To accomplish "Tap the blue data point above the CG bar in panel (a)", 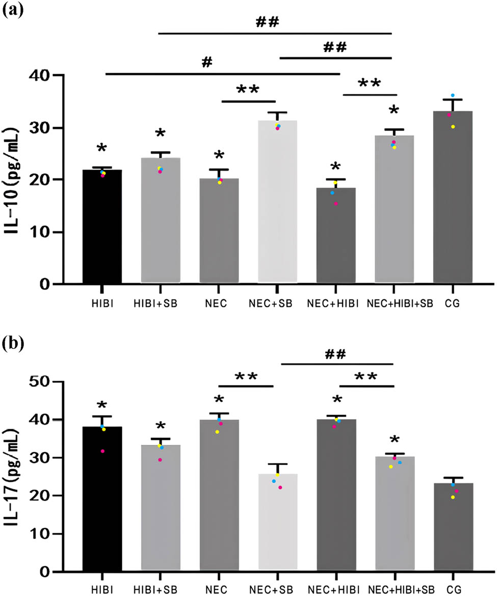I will [x=452, y=96].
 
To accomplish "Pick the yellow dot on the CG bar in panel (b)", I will [x=452, y=497].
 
